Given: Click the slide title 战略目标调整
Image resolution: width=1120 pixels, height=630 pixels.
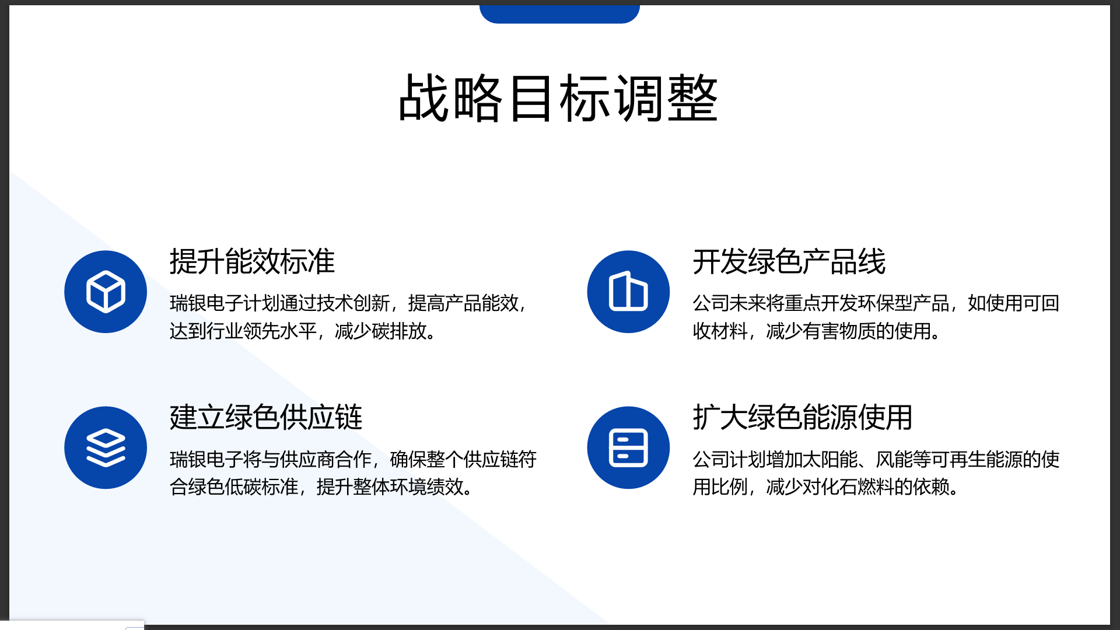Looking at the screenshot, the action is [558, 98].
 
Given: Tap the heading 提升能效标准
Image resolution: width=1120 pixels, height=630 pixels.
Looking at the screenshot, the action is [252, 261].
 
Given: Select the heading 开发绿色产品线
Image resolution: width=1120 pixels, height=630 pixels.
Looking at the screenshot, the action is [789, 261].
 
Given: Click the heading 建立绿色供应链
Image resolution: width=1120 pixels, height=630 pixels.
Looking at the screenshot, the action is [266, 417].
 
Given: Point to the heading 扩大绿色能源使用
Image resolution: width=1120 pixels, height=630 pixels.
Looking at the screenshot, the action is [803, 417].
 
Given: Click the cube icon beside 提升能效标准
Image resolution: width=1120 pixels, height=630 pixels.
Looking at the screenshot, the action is [106, 292].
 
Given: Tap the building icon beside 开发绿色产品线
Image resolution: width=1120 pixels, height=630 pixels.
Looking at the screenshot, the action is [628, 291].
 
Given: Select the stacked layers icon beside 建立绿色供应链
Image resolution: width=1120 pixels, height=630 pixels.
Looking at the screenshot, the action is [106, 448].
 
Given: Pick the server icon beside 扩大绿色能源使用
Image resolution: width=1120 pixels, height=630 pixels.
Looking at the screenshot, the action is [628, 448].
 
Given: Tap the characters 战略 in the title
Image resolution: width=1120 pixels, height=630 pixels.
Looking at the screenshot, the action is [451, 98].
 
